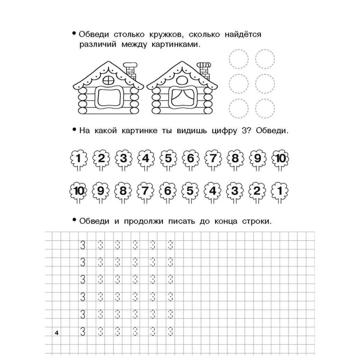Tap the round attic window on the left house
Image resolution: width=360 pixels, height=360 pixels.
109,80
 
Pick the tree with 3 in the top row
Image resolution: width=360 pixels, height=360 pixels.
123,159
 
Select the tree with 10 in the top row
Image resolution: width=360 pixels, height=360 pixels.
280,159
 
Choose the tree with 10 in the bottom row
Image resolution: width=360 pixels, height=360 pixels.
79,190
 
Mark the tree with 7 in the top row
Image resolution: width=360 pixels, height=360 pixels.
213,159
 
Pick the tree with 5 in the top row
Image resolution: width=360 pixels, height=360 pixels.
168,159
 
